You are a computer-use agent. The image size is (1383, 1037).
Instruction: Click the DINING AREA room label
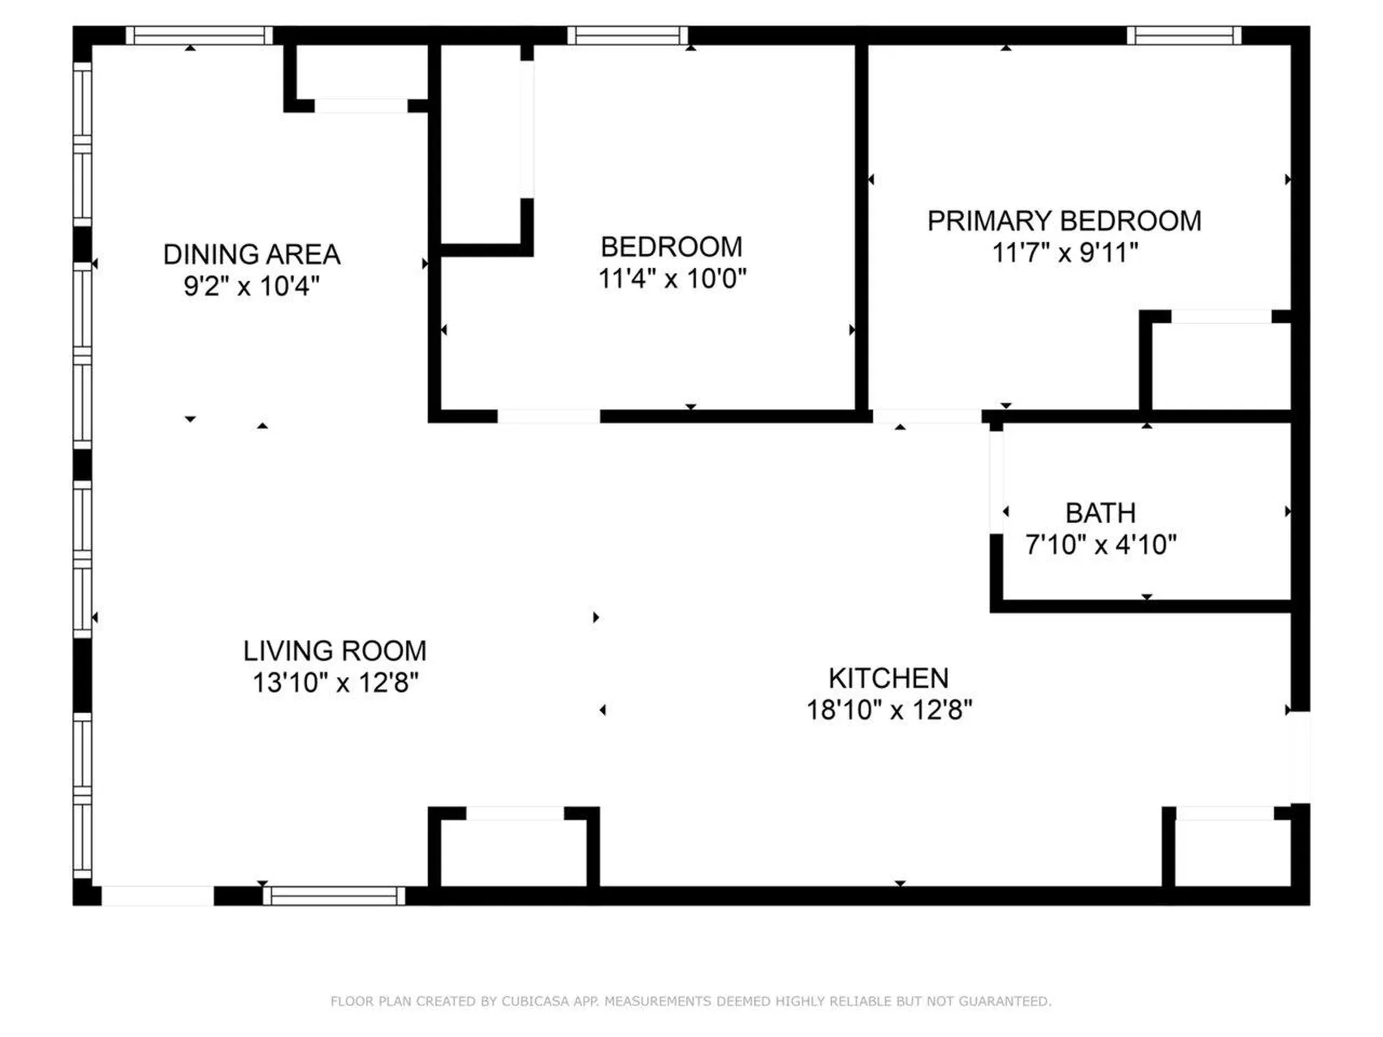pyautogui.click(x=251, y=255)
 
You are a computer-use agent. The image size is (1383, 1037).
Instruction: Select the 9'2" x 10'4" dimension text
pyautogui.click(x=251, y=287)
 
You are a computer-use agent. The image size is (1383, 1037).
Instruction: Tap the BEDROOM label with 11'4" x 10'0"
pyautogui.click(x=671, y=247)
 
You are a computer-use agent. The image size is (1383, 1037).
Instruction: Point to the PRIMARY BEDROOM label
pyautogui.click(x=1064, y=221)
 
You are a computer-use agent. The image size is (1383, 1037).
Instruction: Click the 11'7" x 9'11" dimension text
pyautogui.click(x=1065, y=253)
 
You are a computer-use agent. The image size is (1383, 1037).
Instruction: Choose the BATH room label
pyautogui.click(x=1100, y=513)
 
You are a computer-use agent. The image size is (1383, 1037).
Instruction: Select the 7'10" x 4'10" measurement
pyautogui.click(x=1101, y=545)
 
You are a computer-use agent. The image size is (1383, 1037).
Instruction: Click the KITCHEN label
pyautogui.click(x=888, y=678)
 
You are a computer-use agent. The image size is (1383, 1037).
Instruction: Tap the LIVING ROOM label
pyautogui.click(x=334, y=651)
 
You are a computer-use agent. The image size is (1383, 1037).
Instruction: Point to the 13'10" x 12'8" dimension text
pyautogui.click(x=335, y=683)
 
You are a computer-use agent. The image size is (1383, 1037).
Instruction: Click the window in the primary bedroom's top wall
pyautogui.click(x=1183, y=35)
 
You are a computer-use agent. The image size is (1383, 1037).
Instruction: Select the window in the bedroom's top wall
pyautogui.click(x=627, y=35)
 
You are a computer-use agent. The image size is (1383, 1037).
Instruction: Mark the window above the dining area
pyautogui.click(x=199, y=35)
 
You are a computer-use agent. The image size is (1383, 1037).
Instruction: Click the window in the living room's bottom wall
pyautogui.click(x=334, y=896)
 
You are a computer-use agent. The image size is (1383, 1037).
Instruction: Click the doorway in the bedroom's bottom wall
pyautogui.click(x=548, y=416)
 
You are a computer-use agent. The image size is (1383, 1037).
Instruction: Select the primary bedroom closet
pyautogui.click(x=1220, y=366)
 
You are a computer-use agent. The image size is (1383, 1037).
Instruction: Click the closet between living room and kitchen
pyautogui.click(x=515, y=853)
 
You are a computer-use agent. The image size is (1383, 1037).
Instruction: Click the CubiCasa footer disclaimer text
pyautogui.click(x=691, y=1001)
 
